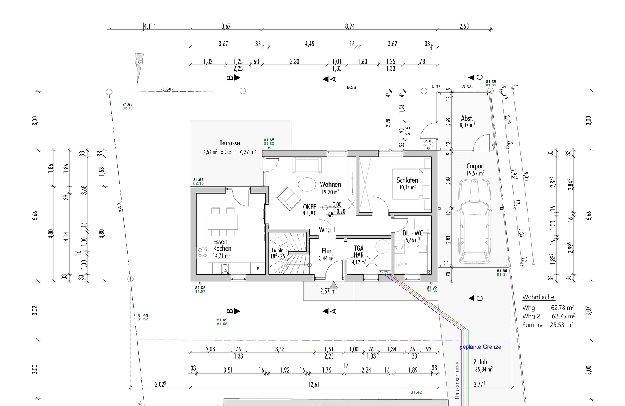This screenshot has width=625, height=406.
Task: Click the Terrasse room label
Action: [x=230, y=143]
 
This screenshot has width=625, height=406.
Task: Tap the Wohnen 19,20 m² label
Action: [x=330, y=188]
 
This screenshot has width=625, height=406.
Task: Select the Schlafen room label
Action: [x=407, y=180]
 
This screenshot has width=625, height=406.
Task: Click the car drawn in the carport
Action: [x=474, y=221]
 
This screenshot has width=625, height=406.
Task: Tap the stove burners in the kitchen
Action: [x=202, y=253]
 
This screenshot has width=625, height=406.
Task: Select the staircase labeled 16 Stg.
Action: [x=287, y=254]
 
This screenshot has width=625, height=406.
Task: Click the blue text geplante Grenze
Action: [x=480, y=347]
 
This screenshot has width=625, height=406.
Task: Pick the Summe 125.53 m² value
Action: [x=560, y=325]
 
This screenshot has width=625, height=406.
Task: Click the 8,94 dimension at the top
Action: [x=350, y=26]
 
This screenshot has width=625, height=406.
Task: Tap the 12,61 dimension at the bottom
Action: [x=313, y=384]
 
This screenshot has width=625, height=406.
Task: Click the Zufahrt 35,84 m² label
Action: [x=483, y=365]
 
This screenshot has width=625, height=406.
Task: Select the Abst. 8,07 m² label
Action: [x=467, y=121]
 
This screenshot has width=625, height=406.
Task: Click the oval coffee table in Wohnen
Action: [x=307, y=185]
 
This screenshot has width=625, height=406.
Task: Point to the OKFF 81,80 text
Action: [x=309, y=210]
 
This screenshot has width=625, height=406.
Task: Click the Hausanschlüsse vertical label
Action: [x=457, y=380]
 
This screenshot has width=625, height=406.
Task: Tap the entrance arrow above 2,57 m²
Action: [x=333, y=285]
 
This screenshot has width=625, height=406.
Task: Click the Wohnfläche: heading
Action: [x=538, y=297]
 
